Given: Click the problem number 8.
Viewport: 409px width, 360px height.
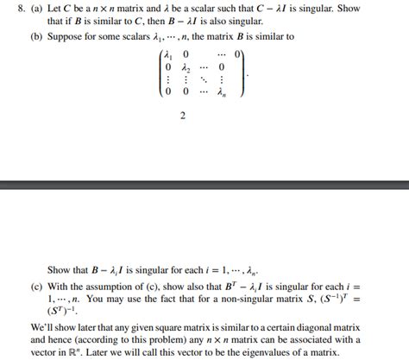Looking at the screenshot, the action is [x=9, y=9].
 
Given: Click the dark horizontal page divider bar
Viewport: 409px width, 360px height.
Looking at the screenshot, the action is [x=204, y=184].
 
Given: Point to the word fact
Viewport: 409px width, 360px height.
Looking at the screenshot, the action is [x=200, y=298].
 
